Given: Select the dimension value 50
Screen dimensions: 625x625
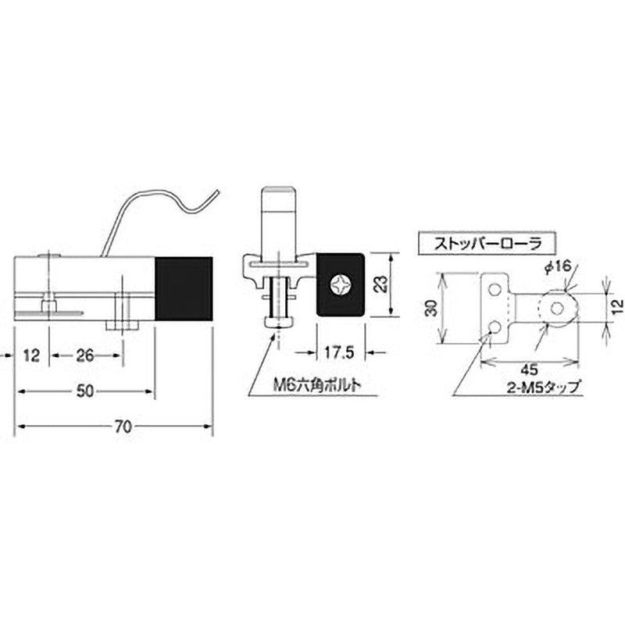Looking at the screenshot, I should (87, 391).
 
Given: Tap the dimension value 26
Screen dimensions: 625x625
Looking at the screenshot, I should (86, 355).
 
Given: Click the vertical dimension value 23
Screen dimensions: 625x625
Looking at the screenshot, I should (380, 284).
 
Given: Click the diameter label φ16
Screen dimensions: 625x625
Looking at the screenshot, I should (556, 266).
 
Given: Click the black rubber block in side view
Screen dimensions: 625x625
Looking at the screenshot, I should (184, 289).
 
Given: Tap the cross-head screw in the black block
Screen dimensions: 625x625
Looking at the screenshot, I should (341, 284).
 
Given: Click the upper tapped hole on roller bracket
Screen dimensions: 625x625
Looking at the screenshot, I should (494, 290).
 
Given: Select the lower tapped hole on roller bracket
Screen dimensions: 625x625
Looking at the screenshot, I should (494, 325).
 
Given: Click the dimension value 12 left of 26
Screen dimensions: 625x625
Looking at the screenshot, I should (31, 355).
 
